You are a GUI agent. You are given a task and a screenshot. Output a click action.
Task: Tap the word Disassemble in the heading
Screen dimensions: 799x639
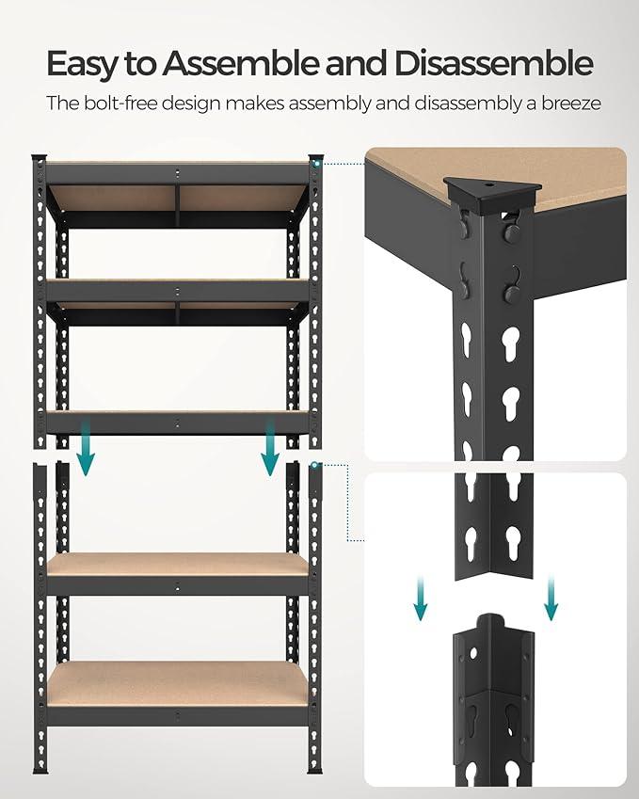click(494, 63)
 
